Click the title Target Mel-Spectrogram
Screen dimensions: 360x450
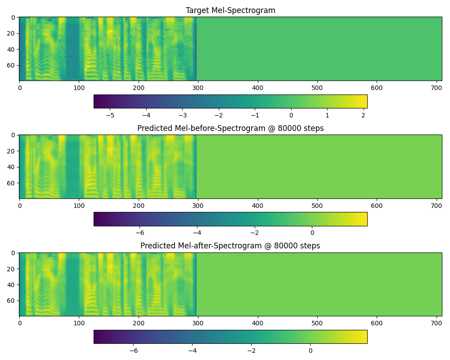point(230,10)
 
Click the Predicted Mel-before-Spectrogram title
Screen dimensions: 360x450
point(230,128)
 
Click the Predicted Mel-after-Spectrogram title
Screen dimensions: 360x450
point(230,246)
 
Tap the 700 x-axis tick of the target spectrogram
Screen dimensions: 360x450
point(436,88)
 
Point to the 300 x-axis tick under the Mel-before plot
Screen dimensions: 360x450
point(198,206)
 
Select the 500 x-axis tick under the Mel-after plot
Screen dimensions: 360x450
point(317,323)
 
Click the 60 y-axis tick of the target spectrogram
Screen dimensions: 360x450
point(11,65)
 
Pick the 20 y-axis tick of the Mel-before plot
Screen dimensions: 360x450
point(11,151)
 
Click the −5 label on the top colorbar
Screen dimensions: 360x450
point(110,115)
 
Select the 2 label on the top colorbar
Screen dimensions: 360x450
point(363,115)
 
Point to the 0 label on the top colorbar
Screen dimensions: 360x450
point(291,115)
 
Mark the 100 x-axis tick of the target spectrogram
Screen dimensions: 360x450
point(79,88)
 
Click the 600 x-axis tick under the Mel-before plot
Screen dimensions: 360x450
point(377,206)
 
